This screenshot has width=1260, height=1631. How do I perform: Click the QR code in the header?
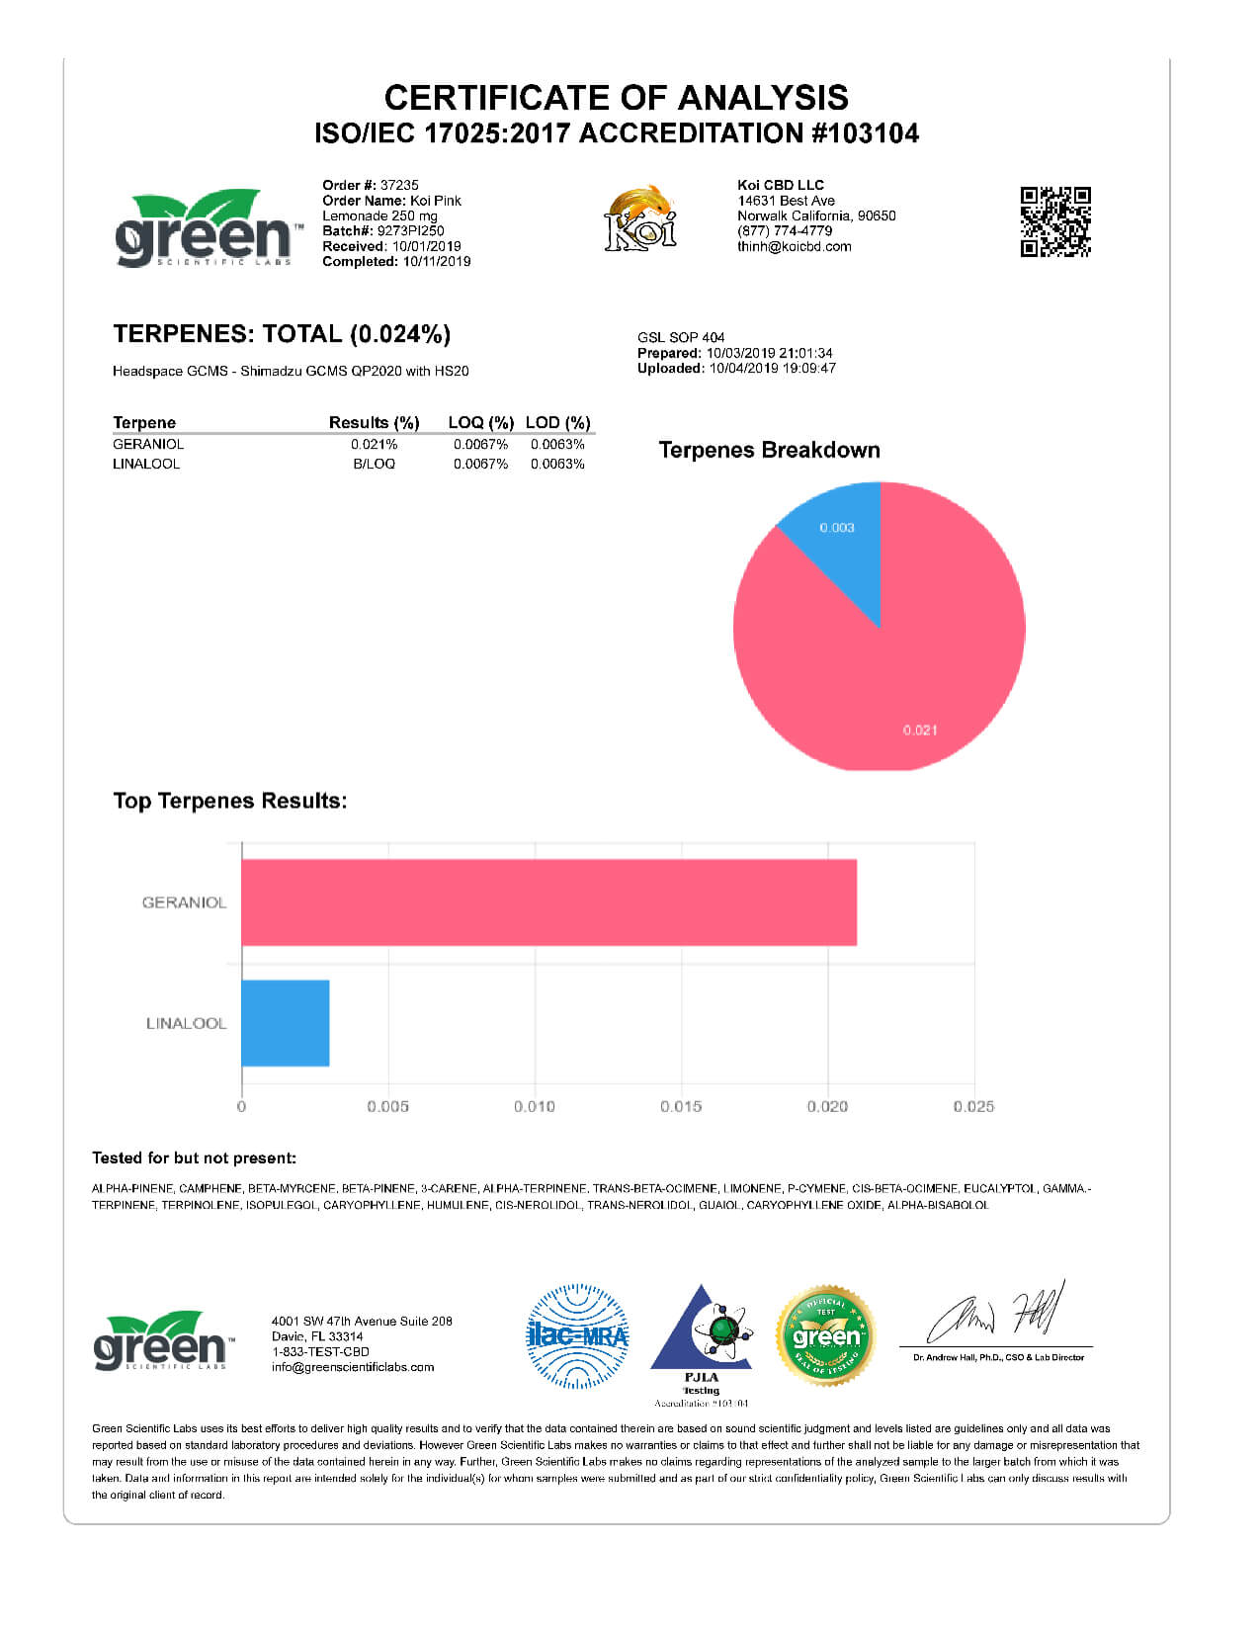click(1055, 221)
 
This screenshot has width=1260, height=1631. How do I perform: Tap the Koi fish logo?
click(640, 218)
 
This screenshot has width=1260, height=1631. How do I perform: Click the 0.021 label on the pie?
click(919, 730)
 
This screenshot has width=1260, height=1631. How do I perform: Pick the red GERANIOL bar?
click(548, 902)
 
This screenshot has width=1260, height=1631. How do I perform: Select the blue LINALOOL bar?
click(286, 1023)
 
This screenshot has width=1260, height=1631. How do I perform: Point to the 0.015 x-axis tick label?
click(681, 1106)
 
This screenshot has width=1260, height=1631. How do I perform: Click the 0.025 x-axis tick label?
click(973, 1106)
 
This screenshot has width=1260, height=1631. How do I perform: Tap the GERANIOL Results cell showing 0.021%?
click(374, 445)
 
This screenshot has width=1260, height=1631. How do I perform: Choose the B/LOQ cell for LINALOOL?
click(374, 464)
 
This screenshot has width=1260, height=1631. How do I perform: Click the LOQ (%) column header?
click(480, 422)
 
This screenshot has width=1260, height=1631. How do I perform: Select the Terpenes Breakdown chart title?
click(769, 450)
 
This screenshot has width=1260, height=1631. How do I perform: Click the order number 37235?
click(399, 185)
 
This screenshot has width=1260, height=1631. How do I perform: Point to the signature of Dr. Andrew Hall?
click(998, 1313)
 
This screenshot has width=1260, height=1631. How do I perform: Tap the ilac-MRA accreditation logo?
click(577, 1336)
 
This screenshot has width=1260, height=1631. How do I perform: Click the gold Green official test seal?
click(826, 1336)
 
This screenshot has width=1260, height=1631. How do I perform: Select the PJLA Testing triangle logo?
click(703, 1334)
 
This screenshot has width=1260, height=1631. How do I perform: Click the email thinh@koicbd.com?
click(794, 246)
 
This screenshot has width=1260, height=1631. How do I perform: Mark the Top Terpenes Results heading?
click(230, 801)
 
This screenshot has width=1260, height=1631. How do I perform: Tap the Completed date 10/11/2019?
click(436, 261)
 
